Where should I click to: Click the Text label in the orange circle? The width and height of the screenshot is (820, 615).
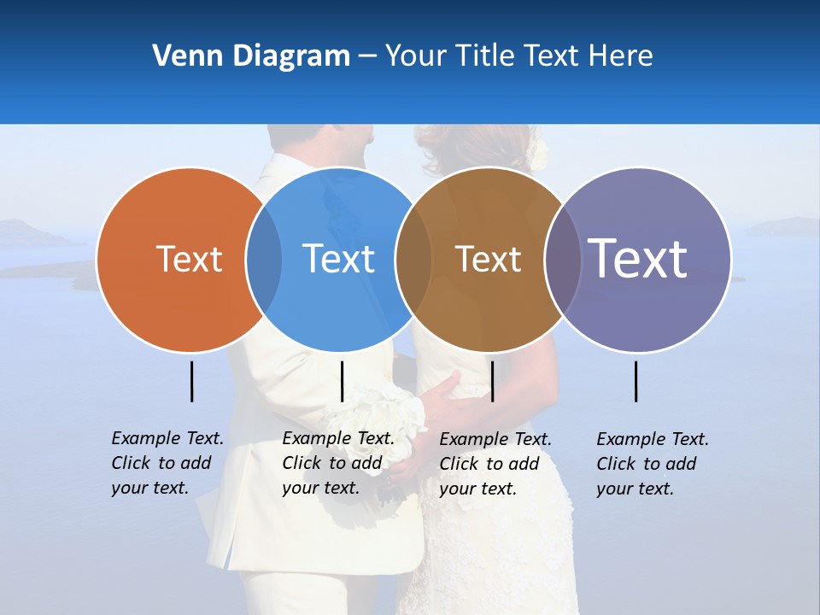[x=189, y=259]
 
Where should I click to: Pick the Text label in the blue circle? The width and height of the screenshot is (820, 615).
[x=339, y=259]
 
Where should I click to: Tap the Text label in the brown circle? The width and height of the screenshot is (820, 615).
[x=488, y=259]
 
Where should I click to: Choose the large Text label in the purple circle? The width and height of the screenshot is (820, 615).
[x=638, y=259]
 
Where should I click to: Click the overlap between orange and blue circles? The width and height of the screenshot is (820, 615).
[x=264, y=260]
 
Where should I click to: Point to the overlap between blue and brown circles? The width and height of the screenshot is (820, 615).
[x=413, y=260]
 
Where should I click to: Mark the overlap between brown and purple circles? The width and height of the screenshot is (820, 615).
[x=562, y=260]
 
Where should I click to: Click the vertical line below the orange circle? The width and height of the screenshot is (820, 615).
[x=191, y=381]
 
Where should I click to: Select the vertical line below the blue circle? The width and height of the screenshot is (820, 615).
[x=342, y=381]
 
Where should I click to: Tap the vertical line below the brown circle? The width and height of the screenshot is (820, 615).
[x=492, y=381]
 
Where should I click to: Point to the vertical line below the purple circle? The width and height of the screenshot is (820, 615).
[x=635, y=381]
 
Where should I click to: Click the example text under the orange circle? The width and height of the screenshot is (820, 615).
[x=167, y=463]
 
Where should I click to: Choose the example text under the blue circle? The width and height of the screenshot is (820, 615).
[x=337, y=463]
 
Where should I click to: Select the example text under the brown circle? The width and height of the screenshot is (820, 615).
[x=495, y=464]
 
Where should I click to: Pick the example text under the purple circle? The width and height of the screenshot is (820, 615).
[x=652, y=464]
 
